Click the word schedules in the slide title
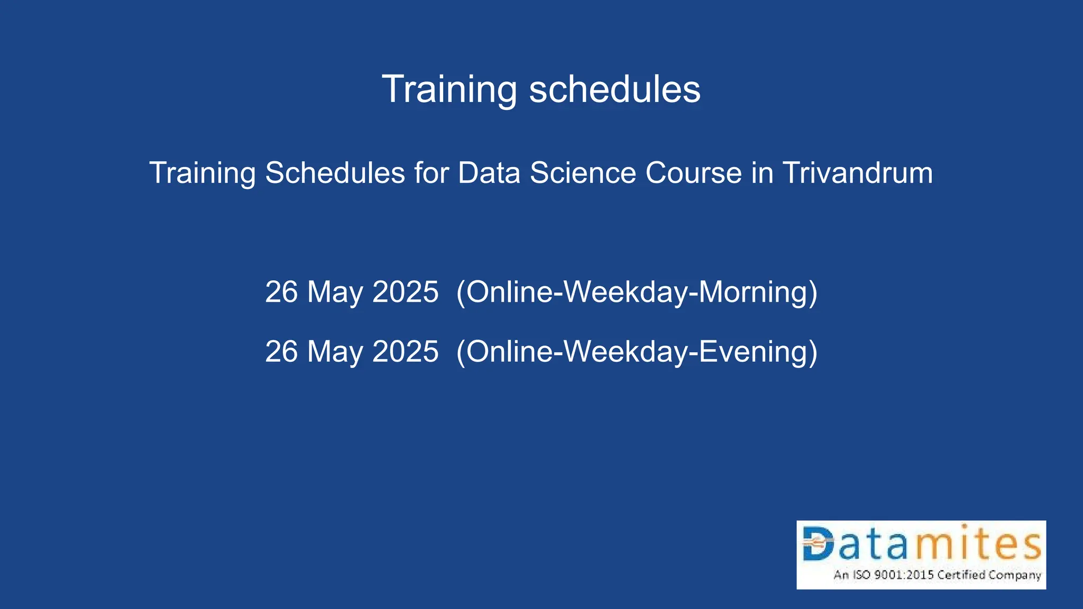614,90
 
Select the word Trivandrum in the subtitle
857,173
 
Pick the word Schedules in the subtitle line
335,173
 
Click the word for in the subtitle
431,173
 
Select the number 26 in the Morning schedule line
281,292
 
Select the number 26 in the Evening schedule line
281,352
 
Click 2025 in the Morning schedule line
405,292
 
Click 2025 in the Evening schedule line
405,352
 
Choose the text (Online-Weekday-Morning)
637,292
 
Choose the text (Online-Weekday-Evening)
637,352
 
